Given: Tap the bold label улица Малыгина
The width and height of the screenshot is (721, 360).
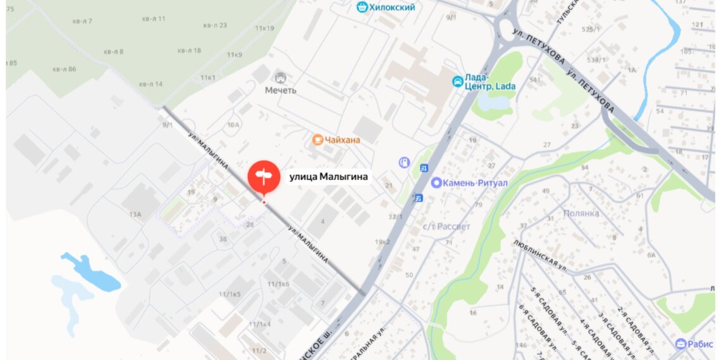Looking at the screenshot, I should click(x=328, y=177).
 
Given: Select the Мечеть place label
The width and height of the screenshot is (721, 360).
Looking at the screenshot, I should click(x=280, y=90).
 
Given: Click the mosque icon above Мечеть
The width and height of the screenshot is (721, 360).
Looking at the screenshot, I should click(x=280, y=77).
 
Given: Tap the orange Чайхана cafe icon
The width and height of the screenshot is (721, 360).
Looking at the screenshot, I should click(x=317, y=139).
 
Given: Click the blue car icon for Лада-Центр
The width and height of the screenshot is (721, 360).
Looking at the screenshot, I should click(x=457, y=81).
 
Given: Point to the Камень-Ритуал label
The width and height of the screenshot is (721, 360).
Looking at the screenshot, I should click(x=471, y=183).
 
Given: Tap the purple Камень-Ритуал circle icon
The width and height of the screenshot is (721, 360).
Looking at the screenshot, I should click(x=436, y=183).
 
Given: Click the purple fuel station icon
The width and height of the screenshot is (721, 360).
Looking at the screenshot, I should click(x=404, y=162).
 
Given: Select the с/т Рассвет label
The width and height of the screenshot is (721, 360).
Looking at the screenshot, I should click(x=447, y=226).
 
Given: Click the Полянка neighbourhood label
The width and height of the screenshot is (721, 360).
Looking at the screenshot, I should click(x=581, y=213).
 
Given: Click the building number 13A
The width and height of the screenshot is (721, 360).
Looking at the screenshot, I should click(x=135, y=215).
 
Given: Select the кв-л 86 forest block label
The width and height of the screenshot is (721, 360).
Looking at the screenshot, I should click(x=64, y=69).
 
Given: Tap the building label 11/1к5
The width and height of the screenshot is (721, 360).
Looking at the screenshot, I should click(x=230, y=294).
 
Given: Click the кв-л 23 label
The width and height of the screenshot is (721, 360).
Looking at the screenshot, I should click(x=215, y=25).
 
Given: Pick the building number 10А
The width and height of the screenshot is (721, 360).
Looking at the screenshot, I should click(x=233, y=125).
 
